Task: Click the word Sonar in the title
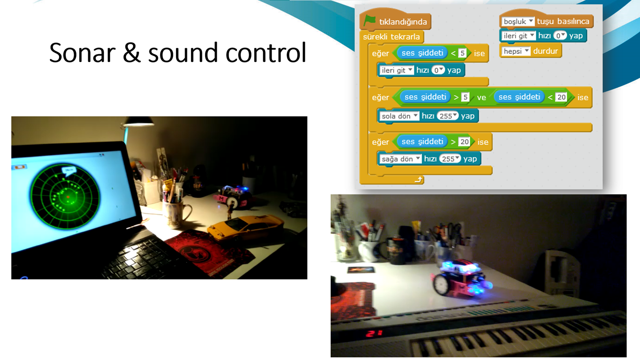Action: (x=82, y=52)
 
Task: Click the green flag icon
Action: (x=370, y=21)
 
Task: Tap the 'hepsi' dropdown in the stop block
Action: (x=516, y=51)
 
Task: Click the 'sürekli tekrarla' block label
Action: (x=391, y=37)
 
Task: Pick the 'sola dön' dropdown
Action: (x=399, y=116)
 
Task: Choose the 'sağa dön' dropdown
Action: (x=400, y=159)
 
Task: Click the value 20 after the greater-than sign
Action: (x=464, y=142)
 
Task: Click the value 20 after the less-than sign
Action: (x=561, y=97)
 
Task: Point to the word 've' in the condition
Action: (x=481, y=98)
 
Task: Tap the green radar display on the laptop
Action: (x=65, y=197)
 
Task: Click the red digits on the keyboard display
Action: (x=374, y=333)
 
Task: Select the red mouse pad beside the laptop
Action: (x=210, y=252)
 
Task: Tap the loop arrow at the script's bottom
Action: (x=418, y=179)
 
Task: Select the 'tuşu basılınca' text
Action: (x=563, y=22)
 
